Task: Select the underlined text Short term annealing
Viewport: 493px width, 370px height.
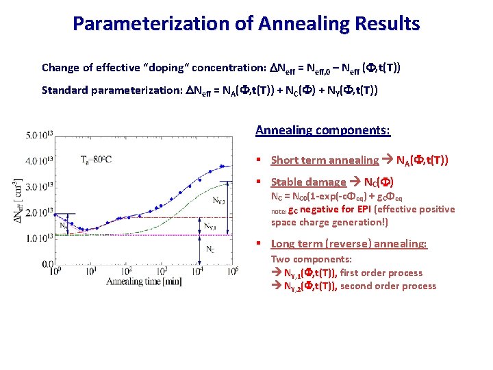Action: pyautogui.click(x=325, y=160)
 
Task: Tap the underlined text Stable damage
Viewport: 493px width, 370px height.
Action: pyautogui.click(x=308, y=182)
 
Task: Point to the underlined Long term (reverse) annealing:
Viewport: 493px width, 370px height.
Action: pyautogui.click(x=349, y=244)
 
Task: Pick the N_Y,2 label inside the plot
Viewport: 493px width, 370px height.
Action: pyautogui.click(x=218, y=201)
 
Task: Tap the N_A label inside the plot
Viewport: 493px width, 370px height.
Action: pyautogui.click(x=64, y=224)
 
